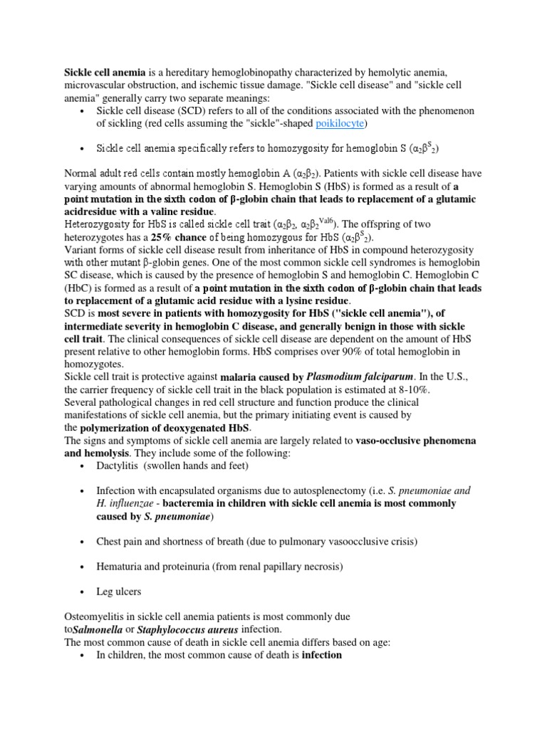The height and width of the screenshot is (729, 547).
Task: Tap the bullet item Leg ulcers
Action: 119,591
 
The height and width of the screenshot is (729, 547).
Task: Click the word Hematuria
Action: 120,566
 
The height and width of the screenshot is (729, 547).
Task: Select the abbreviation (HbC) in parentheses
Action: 80,288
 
